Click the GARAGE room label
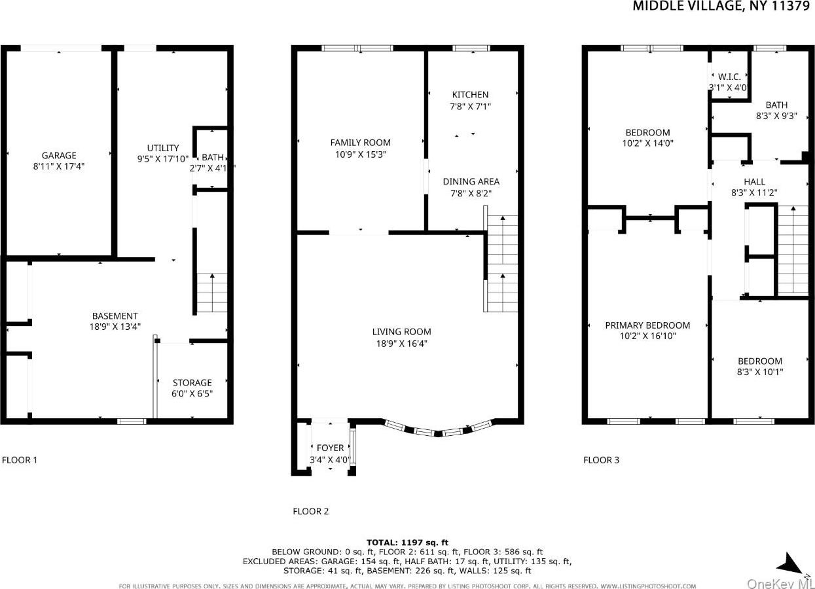[59, 156]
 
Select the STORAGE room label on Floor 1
[192, 383]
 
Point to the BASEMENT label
[115, 316]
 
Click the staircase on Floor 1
[212, 293]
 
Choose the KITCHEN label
[470, 95]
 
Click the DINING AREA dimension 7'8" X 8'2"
[471, 194]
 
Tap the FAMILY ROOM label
[360, 143]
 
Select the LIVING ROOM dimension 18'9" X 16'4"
[401, 344]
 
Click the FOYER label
[330, 448]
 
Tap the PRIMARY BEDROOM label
[647, 325]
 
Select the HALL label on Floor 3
[754, 182]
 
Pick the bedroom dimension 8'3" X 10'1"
[759, 372]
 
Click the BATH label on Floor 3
[776, 105]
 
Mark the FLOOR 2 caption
[310, 511]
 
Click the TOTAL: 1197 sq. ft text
[407, 542]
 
